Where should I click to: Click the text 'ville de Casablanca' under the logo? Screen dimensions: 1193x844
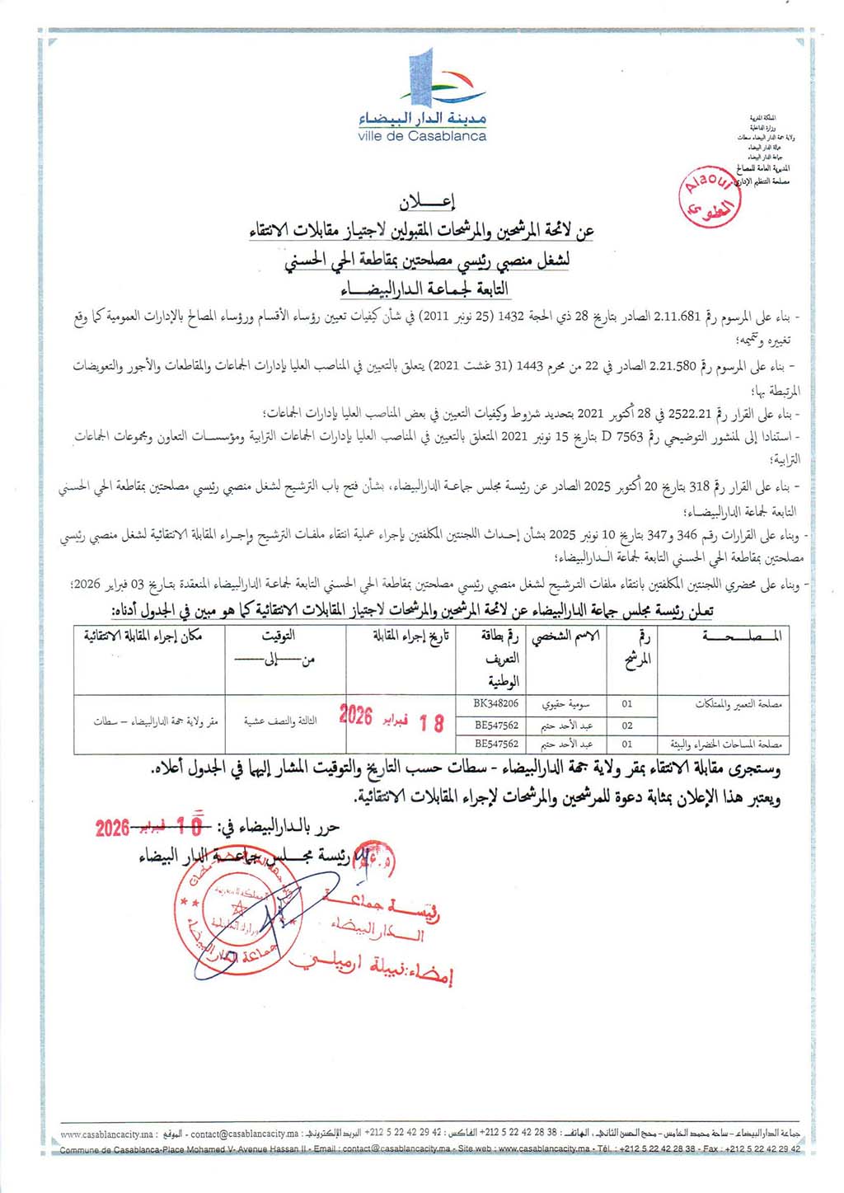click(422, 136)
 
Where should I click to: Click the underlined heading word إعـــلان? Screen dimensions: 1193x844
click(427, 202)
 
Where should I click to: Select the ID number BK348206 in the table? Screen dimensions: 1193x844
click(496, 704)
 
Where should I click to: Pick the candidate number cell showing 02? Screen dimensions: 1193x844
click(627, 726)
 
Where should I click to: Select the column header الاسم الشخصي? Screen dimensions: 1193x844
click(565, 636)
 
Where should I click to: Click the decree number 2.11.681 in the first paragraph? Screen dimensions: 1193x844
click(678, 316)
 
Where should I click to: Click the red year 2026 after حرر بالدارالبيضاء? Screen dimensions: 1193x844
click(112, 828)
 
